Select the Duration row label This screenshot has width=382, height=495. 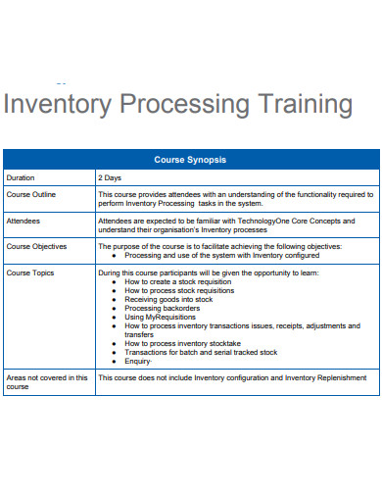point(21,178)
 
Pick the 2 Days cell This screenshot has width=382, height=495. point(110,178)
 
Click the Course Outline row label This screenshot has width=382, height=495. point(31,194)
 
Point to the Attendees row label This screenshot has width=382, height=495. point(25,221)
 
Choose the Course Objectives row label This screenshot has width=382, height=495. point(37,246)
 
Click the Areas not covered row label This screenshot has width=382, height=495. point(47,377)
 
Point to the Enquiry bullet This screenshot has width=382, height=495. point(139,361)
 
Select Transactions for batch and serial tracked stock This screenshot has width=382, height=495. point(201,352)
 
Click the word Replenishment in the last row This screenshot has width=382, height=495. point(339,377)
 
